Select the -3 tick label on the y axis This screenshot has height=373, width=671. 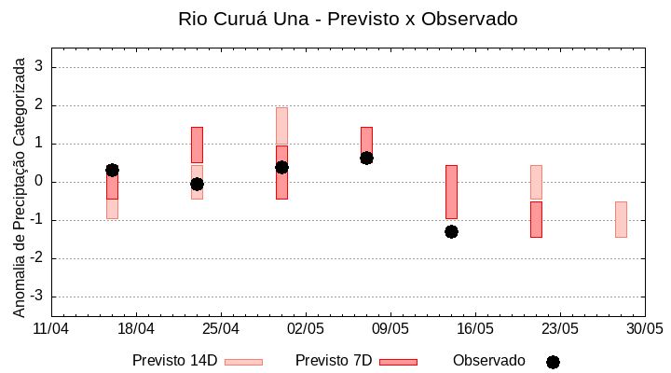[x=38, y=297]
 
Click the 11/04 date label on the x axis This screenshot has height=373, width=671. [x=51, y=329]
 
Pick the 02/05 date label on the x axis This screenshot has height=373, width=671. [x=306, y=329]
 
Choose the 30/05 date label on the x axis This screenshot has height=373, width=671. [x=645, y=329]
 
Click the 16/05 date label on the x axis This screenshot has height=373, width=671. [x=475, y=329]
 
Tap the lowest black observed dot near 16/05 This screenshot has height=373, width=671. [x=451, y=231]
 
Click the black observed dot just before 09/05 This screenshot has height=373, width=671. [x=366, y=158]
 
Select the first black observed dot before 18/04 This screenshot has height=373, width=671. [x=112, y=170]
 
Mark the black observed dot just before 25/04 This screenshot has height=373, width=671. [x=197, y=184]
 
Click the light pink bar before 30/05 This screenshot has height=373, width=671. [x=621, y=219]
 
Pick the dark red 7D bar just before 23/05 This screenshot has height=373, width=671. [x=536, y=219]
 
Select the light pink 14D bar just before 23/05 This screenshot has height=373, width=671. [x=536, y=182]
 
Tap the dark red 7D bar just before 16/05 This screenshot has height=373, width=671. [x=451, y=191]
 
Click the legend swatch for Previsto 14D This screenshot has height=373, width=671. [x=243, y=362]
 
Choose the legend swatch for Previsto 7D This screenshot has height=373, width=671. [x=398, y=362]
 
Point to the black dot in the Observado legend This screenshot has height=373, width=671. [x=553, y=362]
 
